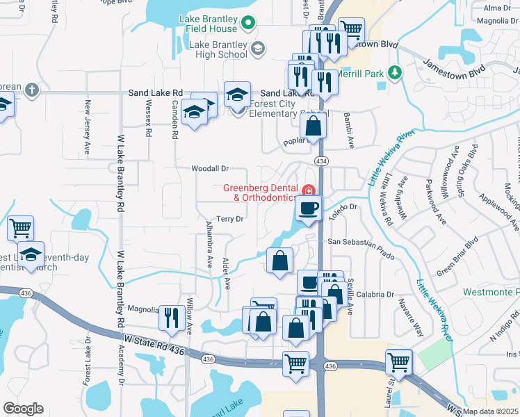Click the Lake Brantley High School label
click(x=218, y=48)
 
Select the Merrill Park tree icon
click(x=395, y=72)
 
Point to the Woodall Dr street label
click(x=191, y=169)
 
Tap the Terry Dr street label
click(x=229, y=219)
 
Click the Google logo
click(x=23, y=409)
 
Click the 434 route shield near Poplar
click(x=321, y=161)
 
